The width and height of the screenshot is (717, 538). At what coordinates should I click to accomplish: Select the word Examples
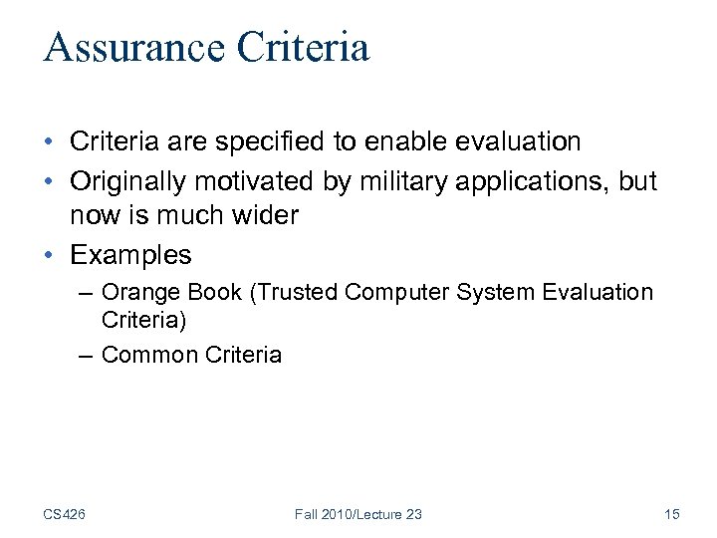coord(130,255)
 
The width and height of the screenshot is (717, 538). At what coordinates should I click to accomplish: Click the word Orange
coord(138,293)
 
